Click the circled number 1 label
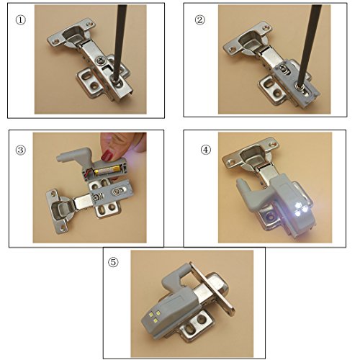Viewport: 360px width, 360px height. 20,20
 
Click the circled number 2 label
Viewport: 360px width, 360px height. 200,20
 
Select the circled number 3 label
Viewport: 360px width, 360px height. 20,150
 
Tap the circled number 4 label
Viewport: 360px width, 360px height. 206,150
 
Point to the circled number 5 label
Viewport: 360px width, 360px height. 113,262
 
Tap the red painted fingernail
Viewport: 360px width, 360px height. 107,156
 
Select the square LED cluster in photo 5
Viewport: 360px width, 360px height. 154,316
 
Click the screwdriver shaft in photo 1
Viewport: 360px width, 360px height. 120,41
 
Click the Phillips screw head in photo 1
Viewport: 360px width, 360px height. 100,60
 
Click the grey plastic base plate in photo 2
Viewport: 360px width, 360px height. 297,82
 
